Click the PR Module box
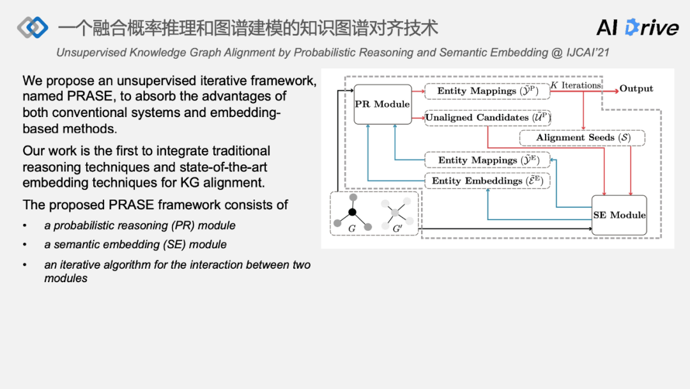coord(382,104)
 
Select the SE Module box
coord(619,215)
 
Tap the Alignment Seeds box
coord(582,138)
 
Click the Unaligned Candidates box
coord(487,118)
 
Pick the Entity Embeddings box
coord(487,181)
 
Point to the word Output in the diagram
coord(636,89)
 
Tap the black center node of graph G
coord(352,212)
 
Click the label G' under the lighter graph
coord(397,228)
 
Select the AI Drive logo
coord(637,28)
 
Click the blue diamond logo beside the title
coord(33,28)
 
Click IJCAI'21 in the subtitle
coord(588,52)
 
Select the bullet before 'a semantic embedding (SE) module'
coord(25,245)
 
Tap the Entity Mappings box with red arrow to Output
coord(487,91)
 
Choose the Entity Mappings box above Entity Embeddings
coord(487,160)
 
